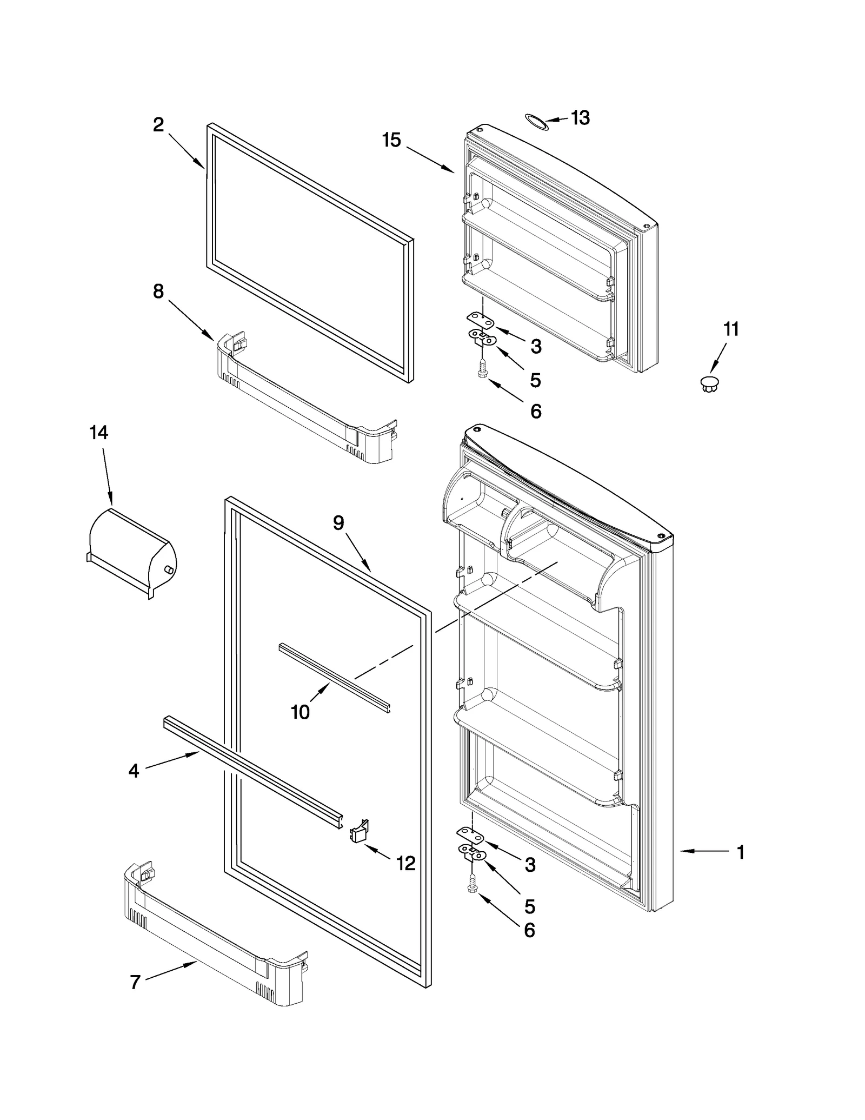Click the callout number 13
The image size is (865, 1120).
pos(580,118)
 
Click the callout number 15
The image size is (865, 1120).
pos(391,140)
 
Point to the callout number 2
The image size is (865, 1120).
pos(158,125)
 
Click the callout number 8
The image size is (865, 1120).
pos(158,291)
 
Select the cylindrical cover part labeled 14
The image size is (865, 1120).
pos(131,552)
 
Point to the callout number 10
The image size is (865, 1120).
pos(300,712)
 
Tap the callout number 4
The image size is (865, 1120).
pos(134,771)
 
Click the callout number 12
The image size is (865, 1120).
pos(406,863)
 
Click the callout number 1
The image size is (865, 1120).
pos(741,852)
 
